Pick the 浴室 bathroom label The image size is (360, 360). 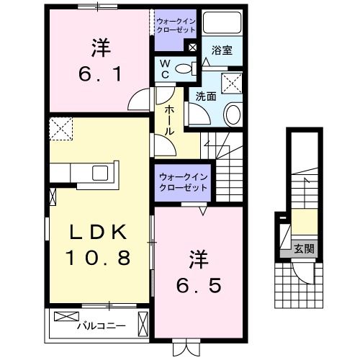coord(221,50)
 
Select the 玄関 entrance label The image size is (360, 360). coord(301,249)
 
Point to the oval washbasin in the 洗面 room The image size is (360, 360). coord(233,114)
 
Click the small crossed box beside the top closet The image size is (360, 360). coord(192,48)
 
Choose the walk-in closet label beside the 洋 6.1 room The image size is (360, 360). coord(174,27)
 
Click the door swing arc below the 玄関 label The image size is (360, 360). coord(302,274)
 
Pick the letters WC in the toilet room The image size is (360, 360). coord(165,70)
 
